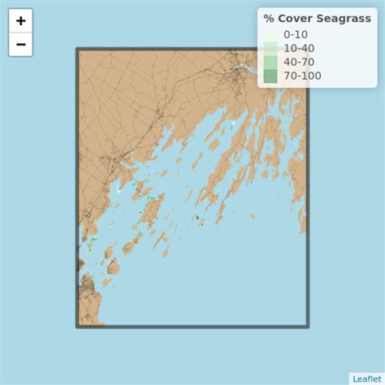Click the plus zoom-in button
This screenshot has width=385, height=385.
pos(20,21)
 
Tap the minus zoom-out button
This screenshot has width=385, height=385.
pos(20,45)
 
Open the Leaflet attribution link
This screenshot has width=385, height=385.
pos(366,379)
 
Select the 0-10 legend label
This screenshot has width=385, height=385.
pos(295,34)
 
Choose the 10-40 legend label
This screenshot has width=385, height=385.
pos(298,48)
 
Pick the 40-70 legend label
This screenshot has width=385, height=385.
pos(298,62)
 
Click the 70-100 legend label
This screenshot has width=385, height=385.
pos(302,76)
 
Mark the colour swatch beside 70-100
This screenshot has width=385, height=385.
pos(270,76)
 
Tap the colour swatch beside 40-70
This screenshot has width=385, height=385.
pos(270,62)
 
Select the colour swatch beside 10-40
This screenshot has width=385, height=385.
pos(270,48)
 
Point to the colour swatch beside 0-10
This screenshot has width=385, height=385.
pos(270,34)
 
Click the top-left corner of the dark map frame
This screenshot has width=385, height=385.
pos(78,50)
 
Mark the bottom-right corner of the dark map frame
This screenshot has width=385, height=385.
pos(308,327)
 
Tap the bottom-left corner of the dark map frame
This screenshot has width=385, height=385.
pos(78,327)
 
